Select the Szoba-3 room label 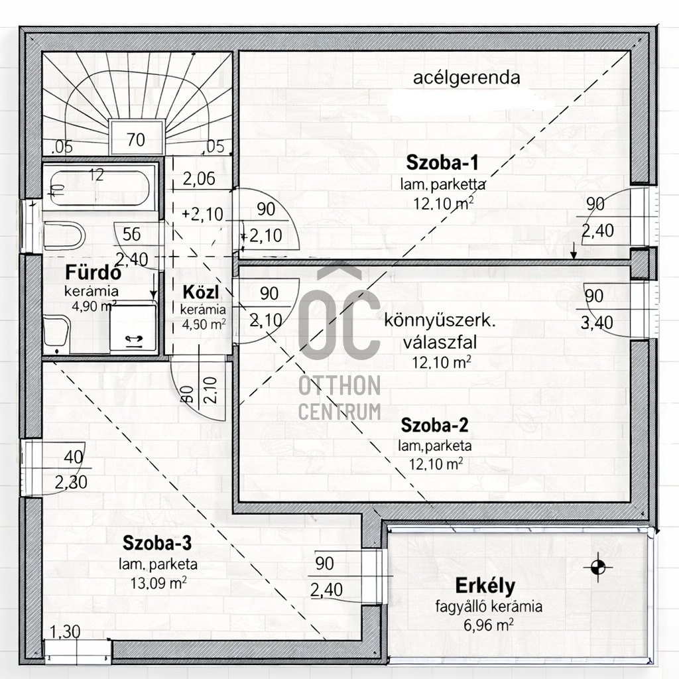tap(158, 544)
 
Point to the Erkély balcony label tap(485, 586)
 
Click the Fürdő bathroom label tap(92, 273)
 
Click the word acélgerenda tap(466, 78)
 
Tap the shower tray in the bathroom tap(133, 328)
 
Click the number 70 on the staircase tap(136, 140)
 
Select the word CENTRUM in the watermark tap(339, 411)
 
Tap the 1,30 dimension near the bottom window tap(65, 632)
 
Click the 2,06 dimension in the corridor tap(200, 178)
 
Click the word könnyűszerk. tap(440, 322)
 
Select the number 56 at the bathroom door tap(132, 233)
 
